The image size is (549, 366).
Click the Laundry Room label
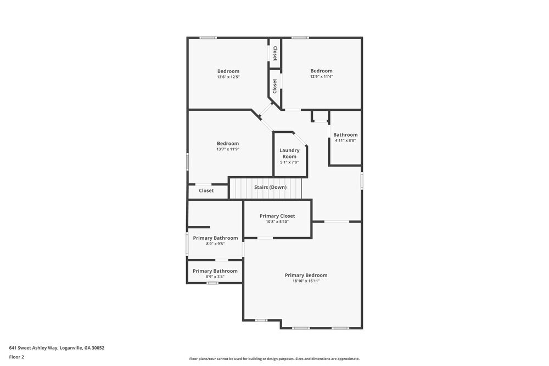click(x=289, y=154)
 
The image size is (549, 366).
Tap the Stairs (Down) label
click(x=270, y=187)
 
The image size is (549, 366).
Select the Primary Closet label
click(x=277, y=216)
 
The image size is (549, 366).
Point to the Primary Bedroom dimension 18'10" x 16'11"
click(x=306, y=281)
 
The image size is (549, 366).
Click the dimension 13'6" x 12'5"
click(x=228, y=77)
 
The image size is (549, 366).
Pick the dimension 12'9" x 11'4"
click(x=321, y=77)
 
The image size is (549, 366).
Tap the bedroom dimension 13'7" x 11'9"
click(x=228, y=149)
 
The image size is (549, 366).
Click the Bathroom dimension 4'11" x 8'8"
click(x=345, y=140)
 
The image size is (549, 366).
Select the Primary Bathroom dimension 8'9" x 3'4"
click(x=215, y=277)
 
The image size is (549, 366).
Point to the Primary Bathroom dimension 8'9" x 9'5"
click(x=215, y=244)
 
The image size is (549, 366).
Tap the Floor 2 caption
click(x=16, y=357)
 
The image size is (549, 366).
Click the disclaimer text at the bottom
click(x=274, y=359)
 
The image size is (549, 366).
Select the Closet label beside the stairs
click(x=206, y=191)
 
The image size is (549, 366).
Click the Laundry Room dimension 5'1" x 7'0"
click(x=289, y=162)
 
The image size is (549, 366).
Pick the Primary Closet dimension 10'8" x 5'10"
click(x=277, y=222)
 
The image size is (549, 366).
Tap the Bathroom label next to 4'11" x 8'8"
click(x=345, y=134)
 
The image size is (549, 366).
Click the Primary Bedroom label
click(x=306, y=275)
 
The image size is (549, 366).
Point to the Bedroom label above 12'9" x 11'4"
click(x=321, y=71)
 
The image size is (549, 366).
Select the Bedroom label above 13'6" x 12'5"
click(x=228, y=71)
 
